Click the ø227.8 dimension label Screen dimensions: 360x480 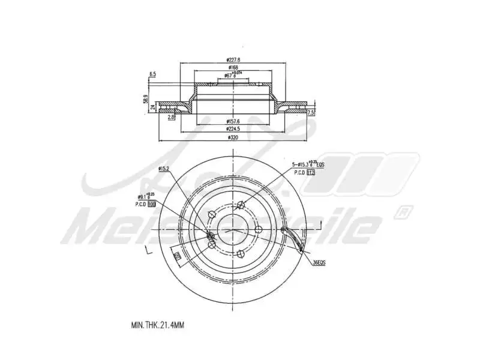(233, 59)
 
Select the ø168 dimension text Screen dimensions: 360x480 (233, 68)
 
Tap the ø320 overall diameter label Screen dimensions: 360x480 (233, 138)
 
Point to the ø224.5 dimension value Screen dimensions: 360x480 (233, 128)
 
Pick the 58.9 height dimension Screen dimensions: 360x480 (146, 98)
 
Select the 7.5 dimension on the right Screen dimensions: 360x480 (311, 112)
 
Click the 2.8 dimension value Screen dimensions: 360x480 (171, 117)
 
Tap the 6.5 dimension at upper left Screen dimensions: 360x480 (152, 74)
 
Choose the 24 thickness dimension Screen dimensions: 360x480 (153, 108)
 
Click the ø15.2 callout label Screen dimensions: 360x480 (164, 169)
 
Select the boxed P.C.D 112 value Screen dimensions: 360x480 (311, 172)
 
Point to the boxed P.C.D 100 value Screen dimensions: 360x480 (152, 204)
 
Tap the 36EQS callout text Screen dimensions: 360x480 (320, 262)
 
